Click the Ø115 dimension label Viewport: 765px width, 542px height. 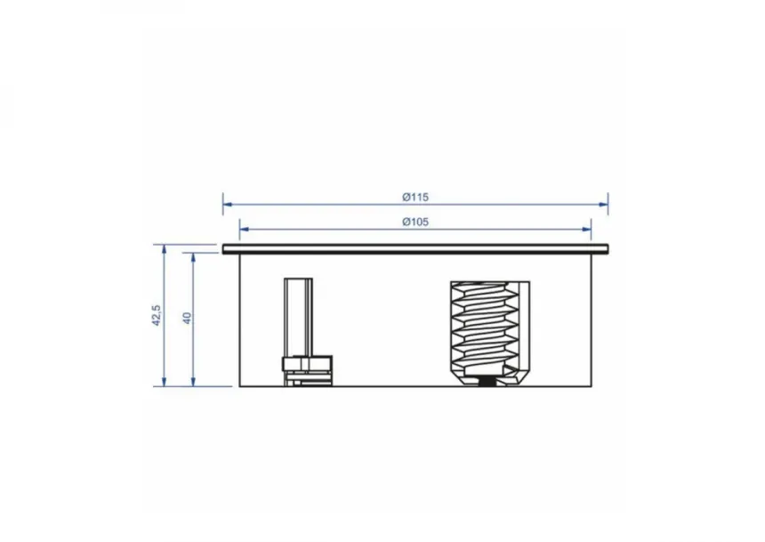click(415, 197)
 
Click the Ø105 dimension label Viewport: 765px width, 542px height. click(415, 222)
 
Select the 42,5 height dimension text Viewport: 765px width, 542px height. click(156, 316)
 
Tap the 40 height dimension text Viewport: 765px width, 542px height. click(187, 318)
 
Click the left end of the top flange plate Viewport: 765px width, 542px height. click(227, 247)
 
